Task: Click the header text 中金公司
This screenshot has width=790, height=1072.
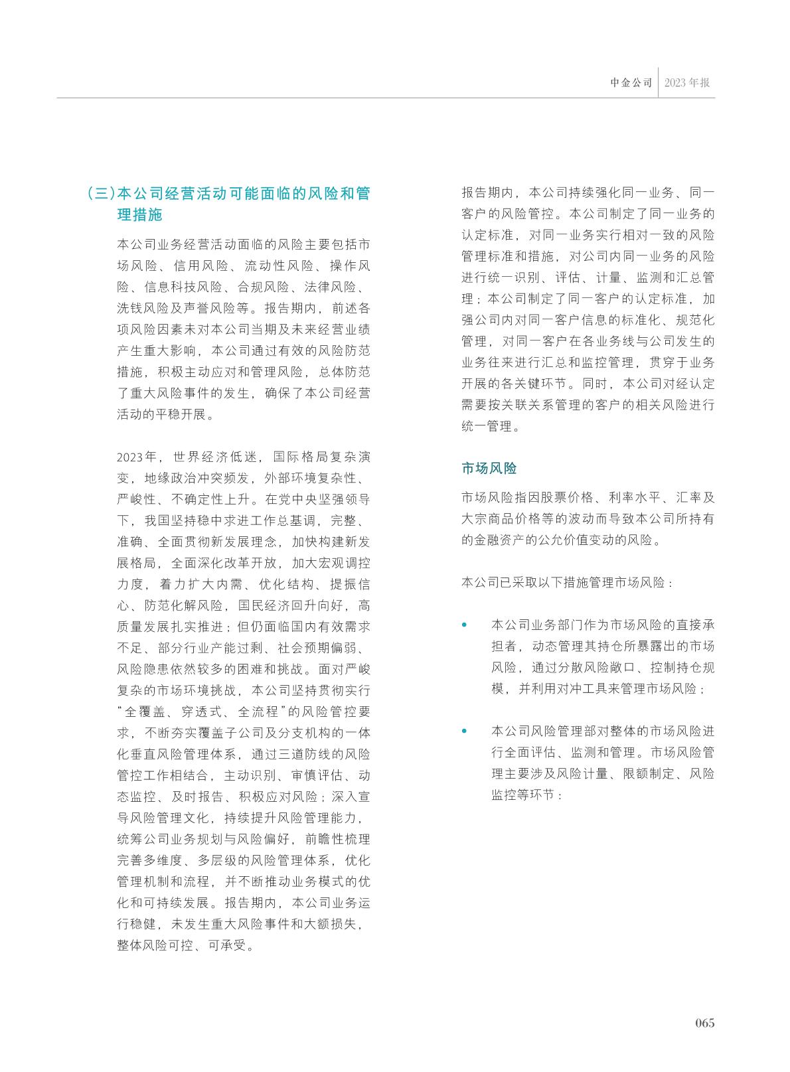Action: coord(631,84)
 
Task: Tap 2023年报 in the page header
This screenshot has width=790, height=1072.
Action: coord(686,84)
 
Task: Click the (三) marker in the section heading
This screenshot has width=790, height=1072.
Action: coord(101,194)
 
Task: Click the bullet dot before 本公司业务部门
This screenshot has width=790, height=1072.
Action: coord(465,625)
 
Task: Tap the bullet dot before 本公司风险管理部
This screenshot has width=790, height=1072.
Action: coord(465,731)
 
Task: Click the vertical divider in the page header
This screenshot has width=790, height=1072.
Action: coord(659,83)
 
